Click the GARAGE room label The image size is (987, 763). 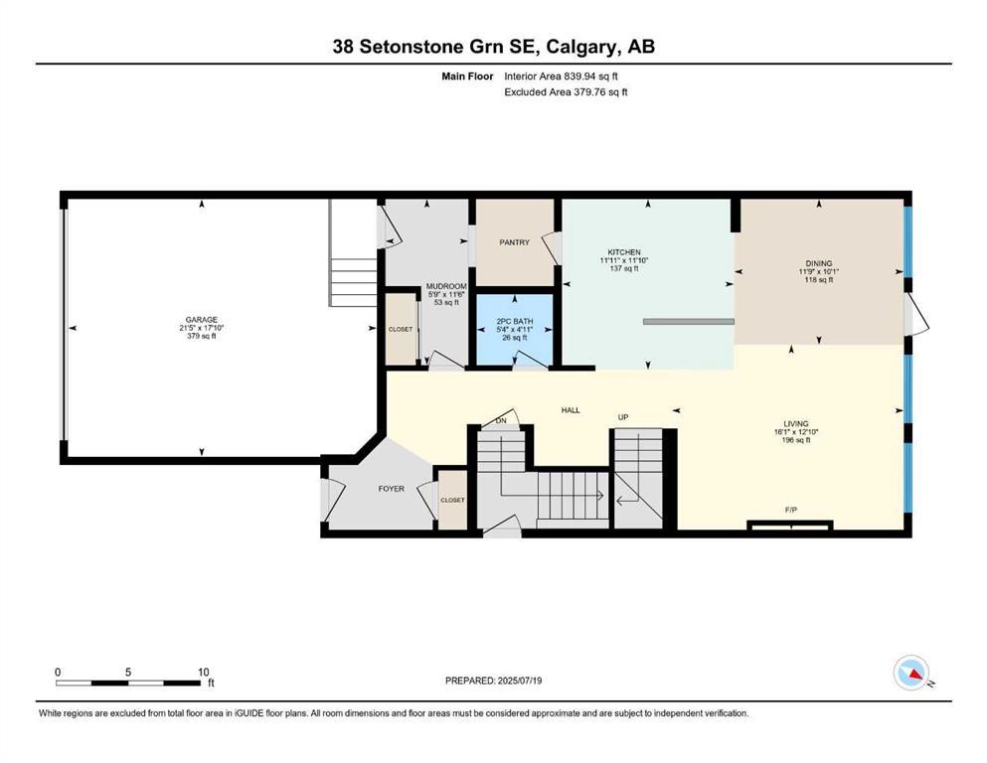click(x=200, y=320)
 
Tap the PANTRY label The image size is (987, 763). click(x=514, y=242)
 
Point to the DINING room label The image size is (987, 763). click(x=818, y=263)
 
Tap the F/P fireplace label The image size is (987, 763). click(x=791, y=510)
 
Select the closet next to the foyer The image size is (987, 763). click(x=452, y=500)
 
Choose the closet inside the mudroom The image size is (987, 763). click(x=401, y=328)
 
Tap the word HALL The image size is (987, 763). click(x=570, y=409)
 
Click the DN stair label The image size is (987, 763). click(x=502, y=420)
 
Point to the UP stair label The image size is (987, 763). click(x=623, y=416)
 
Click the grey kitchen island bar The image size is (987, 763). click(x=688, y=321)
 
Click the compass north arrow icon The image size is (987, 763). click(x=910, y=674)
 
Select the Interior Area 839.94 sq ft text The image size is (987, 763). click(x=567, y=75)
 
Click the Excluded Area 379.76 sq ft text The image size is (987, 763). click(x=566, y=91)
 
